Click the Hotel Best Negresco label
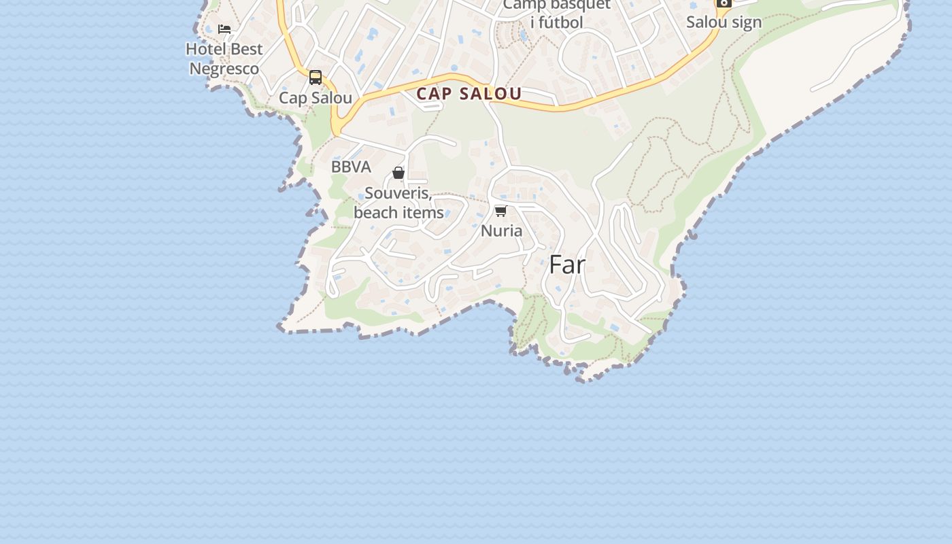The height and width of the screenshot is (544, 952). (x=224, y=59)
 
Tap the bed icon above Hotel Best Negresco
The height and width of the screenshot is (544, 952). (x=224, y=29)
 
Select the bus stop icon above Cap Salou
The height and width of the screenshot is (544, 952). (x=316, y=78)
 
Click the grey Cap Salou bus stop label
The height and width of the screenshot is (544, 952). (x=316, y=98)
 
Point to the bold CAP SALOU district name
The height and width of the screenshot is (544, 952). (x=469, y=94)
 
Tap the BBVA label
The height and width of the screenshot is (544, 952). (x=351, y=167)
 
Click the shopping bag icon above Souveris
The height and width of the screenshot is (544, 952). (x=398, y=173)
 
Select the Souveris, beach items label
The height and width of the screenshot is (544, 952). (x=398, y=203)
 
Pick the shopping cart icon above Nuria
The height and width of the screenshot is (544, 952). (x=501, y=211)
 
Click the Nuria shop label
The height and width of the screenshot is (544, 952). (x=502, y=231)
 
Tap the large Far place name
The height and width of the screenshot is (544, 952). (x=567, y=265)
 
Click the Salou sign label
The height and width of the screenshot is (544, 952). (x=724, y=22)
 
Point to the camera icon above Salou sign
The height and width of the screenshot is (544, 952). (x=724, y=3)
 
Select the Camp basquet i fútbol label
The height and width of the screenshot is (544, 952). (x=557, y=14)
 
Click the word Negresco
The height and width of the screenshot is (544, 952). (x=224, y=69)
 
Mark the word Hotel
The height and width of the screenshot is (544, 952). (x=206, y=49)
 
